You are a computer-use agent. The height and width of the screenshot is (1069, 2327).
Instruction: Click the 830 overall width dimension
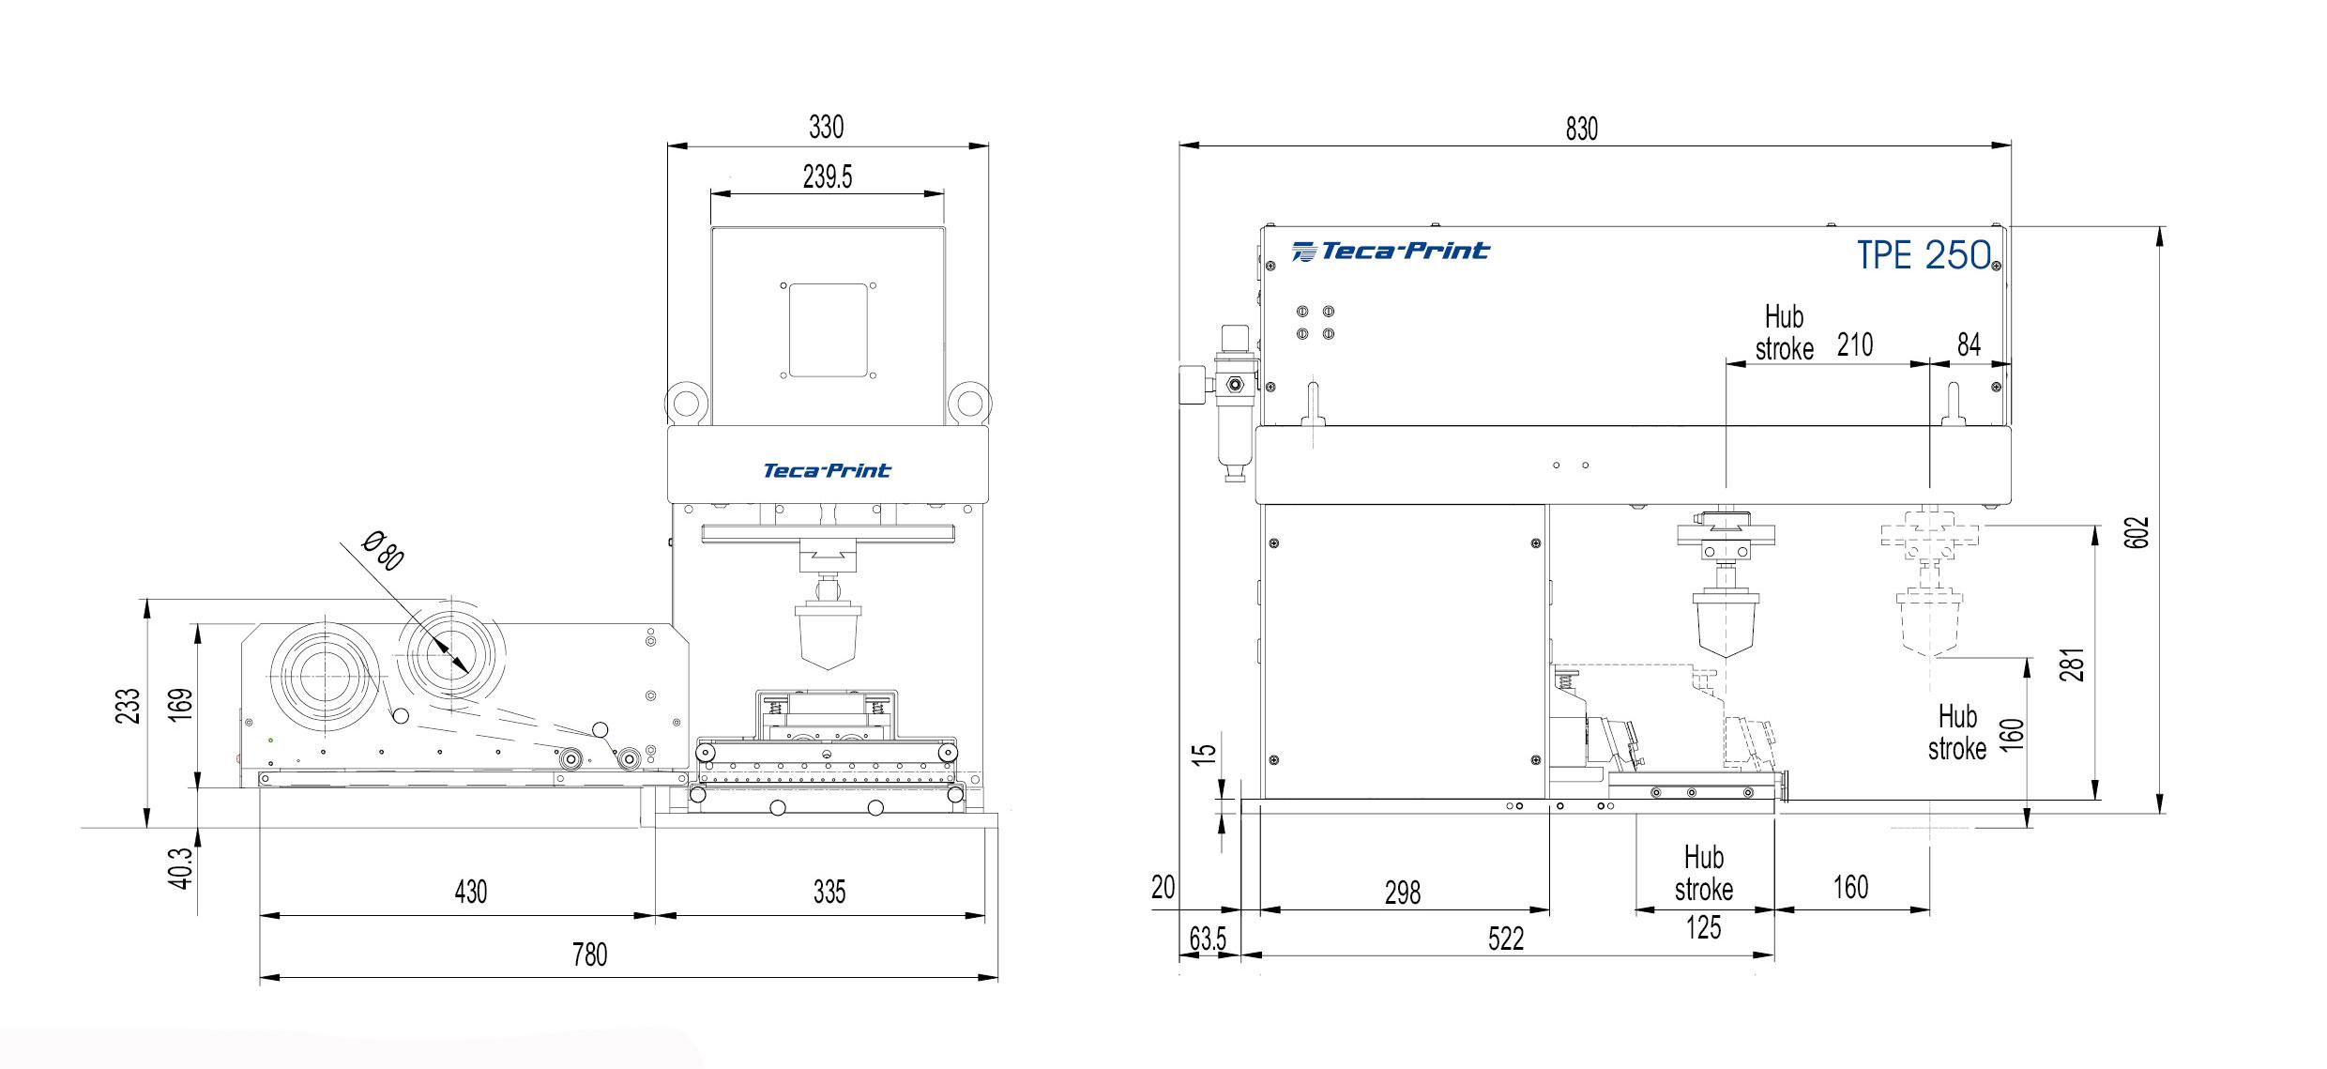(x=1581, y=129)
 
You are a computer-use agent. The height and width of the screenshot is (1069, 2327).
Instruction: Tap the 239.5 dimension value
(x=828, y=176)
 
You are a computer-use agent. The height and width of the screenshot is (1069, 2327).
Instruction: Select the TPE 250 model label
(x=1924, y=254)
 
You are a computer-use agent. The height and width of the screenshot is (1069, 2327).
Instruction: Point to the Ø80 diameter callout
(x=383, y=550)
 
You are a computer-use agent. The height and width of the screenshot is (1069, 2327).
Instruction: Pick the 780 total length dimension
(x=589, y=954)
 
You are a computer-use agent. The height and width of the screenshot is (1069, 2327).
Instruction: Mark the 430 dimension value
(x=470, y=891)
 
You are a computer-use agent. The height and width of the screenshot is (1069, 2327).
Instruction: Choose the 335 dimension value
(x=829, y=891)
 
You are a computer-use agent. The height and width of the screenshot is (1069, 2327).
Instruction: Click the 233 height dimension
(x=129, y=706)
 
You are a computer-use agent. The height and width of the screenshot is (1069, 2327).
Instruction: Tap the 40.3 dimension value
(x=181, y=868)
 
